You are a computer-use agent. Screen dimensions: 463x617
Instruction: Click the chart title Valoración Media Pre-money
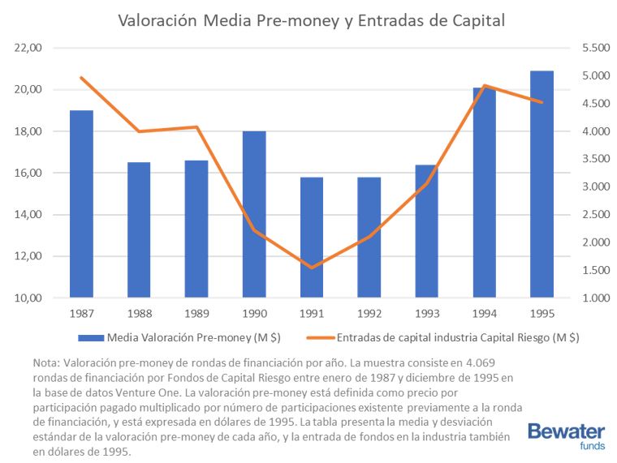click(312, 19)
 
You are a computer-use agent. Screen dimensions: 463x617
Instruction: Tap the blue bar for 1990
click(254, 215)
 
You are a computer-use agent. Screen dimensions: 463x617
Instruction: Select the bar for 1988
click(139, 230)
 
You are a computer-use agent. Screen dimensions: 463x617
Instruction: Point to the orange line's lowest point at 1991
click(312, 268)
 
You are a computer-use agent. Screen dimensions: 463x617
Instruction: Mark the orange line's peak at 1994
click(484, 86)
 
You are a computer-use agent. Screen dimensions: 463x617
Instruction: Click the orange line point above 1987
click(81, 78)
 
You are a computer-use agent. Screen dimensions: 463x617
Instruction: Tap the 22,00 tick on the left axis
click(28, 48)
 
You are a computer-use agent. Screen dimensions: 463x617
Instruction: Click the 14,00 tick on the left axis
click(28, 215)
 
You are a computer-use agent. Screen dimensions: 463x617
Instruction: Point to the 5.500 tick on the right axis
click(595, 48)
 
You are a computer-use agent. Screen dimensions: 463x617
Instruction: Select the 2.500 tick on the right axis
click(595, 215)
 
